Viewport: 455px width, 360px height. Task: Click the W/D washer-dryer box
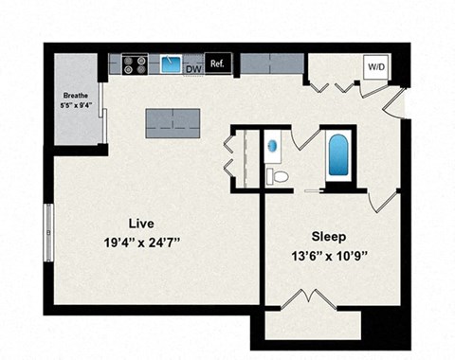(375, 66)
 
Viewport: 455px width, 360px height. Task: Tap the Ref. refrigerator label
(217, 63)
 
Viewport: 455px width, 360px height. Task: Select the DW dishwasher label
(193, 68)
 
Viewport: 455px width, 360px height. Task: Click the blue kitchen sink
(172, 64)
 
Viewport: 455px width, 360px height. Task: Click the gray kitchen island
(173, 121)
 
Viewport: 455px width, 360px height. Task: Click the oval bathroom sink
(273, 147)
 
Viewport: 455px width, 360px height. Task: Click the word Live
(141, 223)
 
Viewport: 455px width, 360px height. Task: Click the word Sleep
(328, 236)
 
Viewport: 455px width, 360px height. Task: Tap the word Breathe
(76, 96)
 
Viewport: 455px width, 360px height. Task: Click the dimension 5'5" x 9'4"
(76, 106)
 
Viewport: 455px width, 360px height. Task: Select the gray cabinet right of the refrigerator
(270, 63)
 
